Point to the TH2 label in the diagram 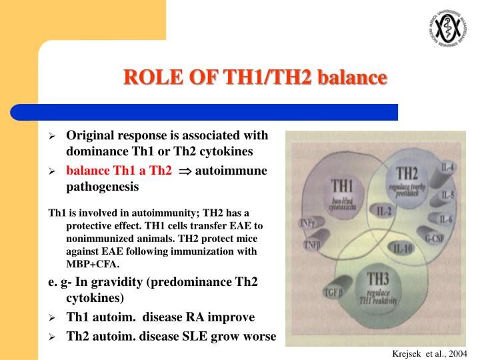click(402, 175)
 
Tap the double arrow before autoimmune click(185, 171)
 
